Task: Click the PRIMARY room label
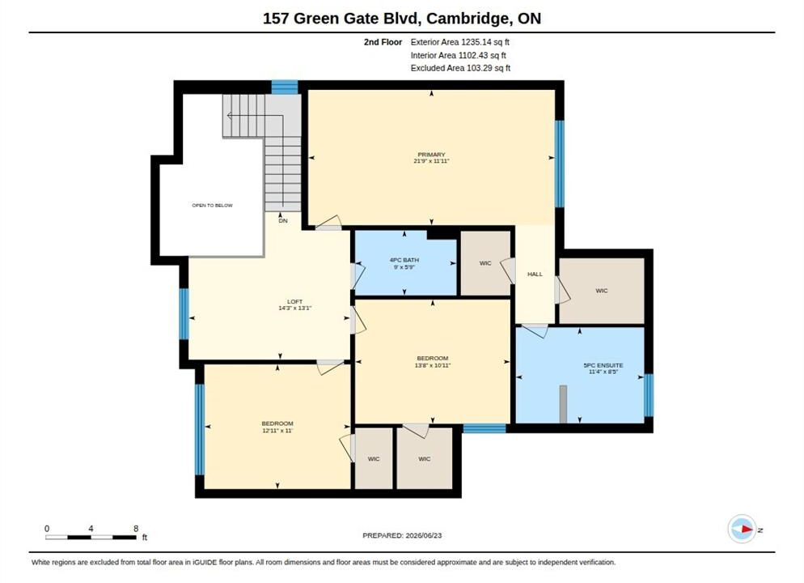coord(431,155)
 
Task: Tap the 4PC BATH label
coord(404,260)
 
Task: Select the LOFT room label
coord(295,302)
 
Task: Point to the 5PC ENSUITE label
coord(603,365)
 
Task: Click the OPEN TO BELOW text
coord(212,206)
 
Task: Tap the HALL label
coord(535,274)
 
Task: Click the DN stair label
coord(283,221)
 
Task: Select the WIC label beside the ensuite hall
coord(602,291)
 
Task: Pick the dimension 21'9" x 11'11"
coord(431,161)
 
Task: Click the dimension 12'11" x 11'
coord(277,431)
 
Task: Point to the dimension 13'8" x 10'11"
coord(432,365)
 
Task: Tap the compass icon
coord(742,529)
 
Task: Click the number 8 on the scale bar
coord(136,529)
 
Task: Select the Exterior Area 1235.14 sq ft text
coord(460,42)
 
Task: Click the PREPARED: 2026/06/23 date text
coord(402,535)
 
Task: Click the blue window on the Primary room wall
coord(560,164)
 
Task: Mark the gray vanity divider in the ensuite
coord(563,404)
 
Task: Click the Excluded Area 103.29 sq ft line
coord(460,68)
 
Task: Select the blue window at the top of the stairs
coord(285,87)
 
